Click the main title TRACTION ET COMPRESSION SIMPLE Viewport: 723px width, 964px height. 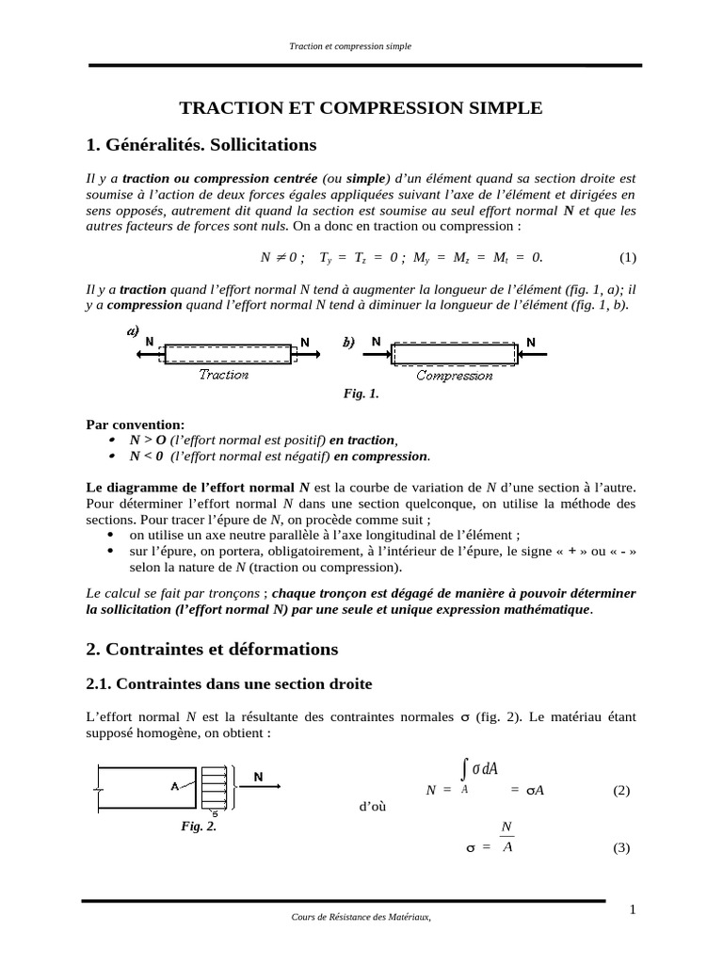tap(361, 108)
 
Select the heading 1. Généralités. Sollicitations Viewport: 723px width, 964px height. tap(201, 145)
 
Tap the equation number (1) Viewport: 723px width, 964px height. tap(627, 257)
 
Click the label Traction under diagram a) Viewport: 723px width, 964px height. tap(224, 375)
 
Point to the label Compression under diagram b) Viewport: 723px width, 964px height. tap(454, 375)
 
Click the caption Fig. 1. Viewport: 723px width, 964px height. tap(361, 394)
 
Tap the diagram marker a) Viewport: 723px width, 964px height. tap(133, 331)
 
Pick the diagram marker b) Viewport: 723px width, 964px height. tap(348, 343)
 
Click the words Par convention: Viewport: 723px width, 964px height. tap(136, 424)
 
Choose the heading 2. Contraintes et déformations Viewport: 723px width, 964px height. tap(212, 649)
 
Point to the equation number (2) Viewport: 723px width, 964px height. tap(620, 790)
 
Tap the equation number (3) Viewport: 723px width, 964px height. tap(620, 847)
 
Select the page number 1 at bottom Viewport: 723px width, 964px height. tap(633, 908)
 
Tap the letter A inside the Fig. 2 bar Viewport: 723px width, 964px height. tap(175, 787)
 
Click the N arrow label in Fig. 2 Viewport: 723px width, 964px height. tap(259, 778)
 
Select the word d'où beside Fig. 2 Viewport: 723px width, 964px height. tap(373, 807)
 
